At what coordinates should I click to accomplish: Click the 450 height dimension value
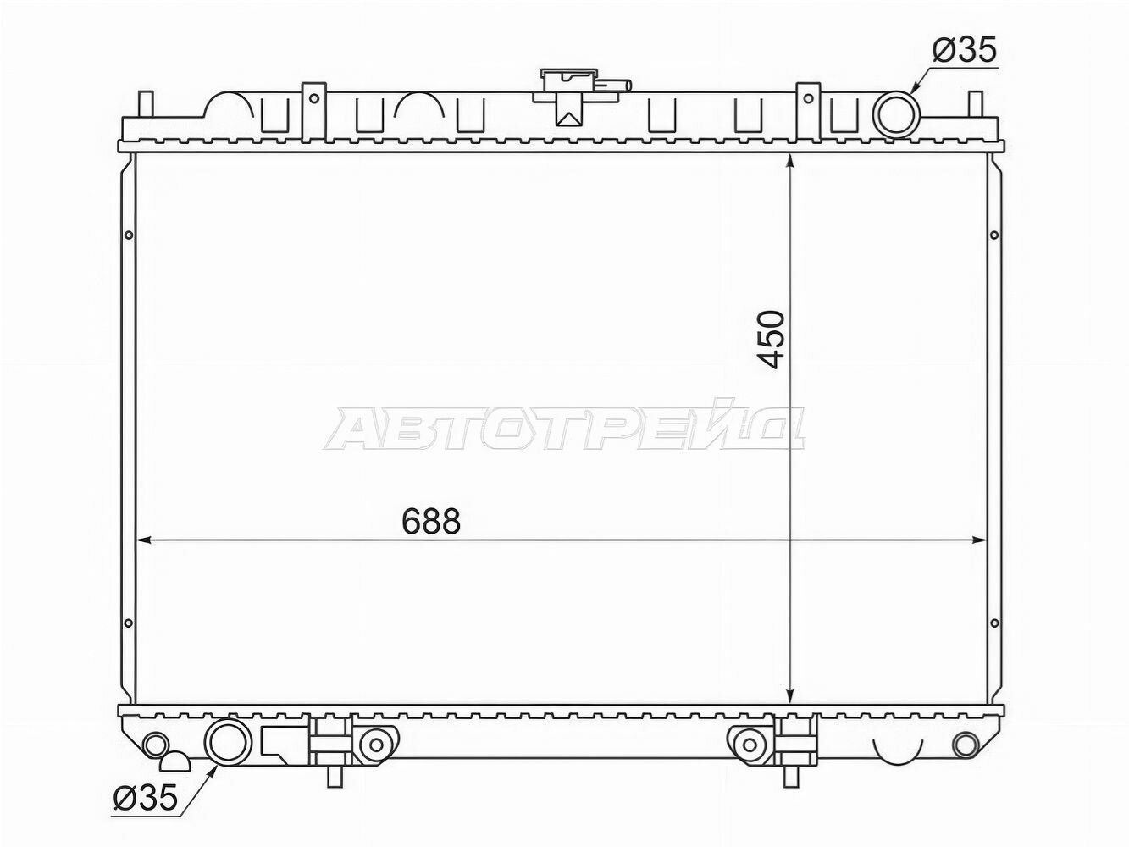(x=772, y=340)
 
